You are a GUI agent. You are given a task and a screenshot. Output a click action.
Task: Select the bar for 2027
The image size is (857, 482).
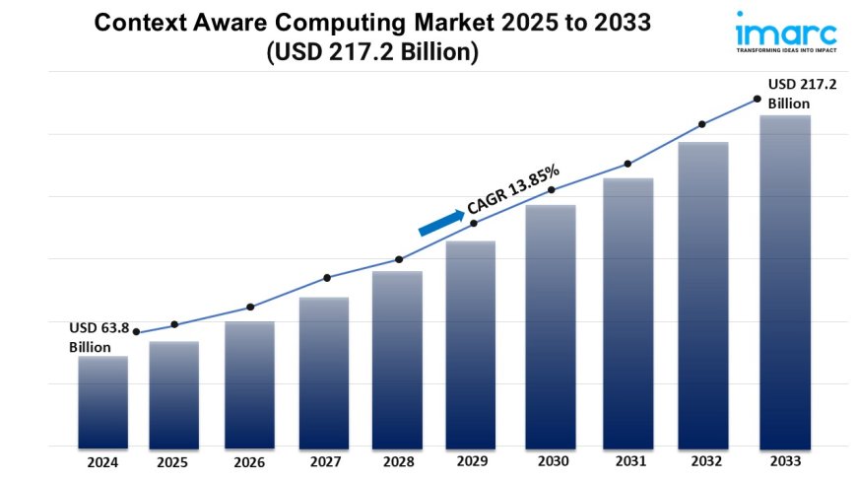[x=324, y=372]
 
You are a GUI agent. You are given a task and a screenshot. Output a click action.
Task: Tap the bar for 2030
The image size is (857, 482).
[x=551, y=325]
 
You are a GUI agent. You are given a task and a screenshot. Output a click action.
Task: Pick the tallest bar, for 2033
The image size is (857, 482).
[x=785, y=281]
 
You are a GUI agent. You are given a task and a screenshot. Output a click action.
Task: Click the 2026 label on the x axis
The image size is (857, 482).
[x=249, y=460]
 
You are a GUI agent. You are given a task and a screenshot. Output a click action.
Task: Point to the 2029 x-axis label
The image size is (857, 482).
[x=472, y=460]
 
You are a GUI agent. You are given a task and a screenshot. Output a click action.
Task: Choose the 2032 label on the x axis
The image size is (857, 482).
[x=702, y=460]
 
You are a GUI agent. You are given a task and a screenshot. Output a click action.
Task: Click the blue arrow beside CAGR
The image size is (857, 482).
[x=440, y=222]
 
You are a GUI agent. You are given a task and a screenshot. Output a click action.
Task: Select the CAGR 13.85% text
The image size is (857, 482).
[x=513, y=190]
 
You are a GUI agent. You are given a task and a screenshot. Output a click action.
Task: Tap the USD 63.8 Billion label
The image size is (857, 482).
[x=98, y=337]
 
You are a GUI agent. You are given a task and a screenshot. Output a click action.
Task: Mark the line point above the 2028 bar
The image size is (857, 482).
[x=399, y=259]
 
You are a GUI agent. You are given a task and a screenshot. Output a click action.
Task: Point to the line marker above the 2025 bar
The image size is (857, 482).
[x=174, y=324]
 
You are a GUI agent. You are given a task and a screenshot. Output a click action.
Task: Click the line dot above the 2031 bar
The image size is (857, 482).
[x=626, y=164]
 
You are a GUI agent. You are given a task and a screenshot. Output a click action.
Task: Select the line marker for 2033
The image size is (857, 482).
[x=757, y=99]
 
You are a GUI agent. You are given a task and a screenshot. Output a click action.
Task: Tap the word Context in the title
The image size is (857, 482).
[x=133, y=24]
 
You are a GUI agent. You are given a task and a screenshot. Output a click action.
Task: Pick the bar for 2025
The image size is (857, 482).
[x=174, y=393]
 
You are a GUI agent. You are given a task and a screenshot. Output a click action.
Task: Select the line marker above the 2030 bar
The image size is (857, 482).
[x=552, y=189]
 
